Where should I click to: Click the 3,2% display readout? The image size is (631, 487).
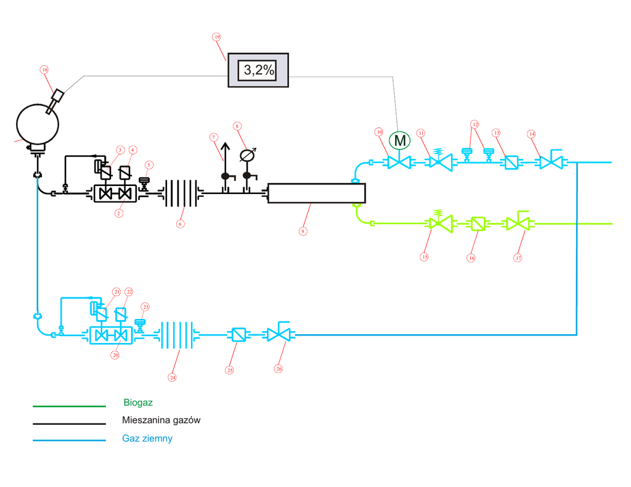259,70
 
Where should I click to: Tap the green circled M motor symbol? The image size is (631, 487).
400,141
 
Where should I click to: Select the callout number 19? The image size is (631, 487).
217,37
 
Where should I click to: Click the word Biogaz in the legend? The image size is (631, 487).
138,403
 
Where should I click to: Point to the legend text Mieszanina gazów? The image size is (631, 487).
161,421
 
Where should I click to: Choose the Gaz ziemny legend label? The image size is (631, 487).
147,439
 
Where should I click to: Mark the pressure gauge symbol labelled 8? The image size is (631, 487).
248,154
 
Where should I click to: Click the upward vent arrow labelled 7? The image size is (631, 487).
225,154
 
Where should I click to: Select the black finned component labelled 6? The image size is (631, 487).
180,193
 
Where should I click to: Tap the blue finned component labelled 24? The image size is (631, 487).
177,335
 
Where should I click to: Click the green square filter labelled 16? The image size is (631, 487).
478,224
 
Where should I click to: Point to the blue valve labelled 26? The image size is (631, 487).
279,335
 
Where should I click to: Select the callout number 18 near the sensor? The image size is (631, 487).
44,70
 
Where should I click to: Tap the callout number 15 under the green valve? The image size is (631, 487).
425,256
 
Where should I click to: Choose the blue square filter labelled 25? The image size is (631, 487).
237,335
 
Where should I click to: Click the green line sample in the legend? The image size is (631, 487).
69,406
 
